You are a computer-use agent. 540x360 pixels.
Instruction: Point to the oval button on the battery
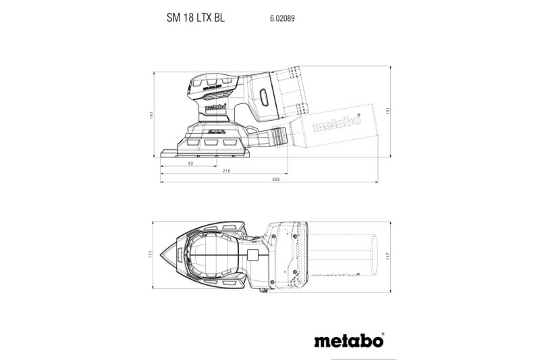click(263, 99)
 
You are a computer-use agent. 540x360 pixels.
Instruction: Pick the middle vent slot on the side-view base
click(211, 143)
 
